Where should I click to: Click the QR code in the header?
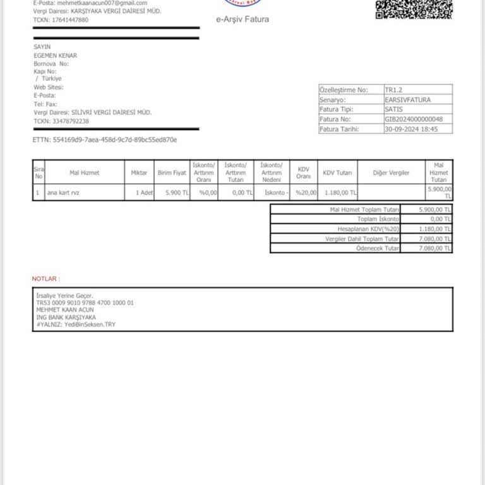(414, 9)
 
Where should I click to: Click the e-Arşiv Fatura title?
(242, 20)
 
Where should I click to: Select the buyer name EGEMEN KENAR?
(56, 56)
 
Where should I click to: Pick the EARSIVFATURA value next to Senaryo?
(408, 100)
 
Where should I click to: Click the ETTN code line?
(105, 140)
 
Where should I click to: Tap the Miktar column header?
(139, 172)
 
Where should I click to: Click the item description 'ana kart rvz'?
(64, 193)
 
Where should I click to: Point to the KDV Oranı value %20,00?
(306, 193)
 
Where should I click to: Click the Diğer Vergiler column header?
(392, 172)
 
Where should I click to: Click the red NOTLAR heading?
(45, 278)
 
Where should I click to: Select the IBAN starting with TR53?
(85, 303)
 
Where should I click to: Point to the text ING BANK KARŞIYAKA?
(66, 317)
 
